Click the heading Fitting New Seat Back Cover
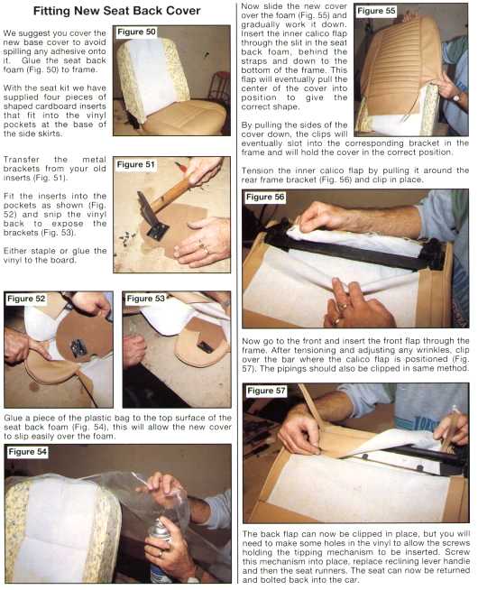pos(116,11)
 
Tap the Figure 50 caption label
pos(136,32)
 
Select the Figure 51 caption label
pos(135,164)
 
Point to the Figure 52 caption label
pos(26,299)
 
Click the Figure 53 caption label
pos(145,299)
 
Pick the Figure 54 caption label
pos(28,452)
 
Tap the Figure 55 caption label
pos(376,11)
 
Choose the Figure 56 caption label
pos(265,197)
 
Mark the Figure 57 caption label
pos(266,391)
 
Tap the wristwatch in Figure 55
pos(456,97)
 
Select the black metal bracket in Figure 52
pos(78,347)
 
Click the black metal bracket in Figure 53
pos(206,347)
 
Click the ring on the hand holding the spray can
pos(161,553)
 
